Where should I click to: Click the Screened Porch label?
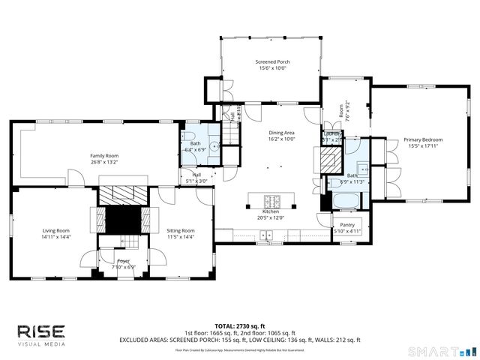(x=272, y=62)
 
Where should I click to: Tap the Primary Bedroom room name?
(x=423, y=139)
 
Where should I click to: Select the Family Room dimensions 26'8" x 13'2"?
(x=104, y=162)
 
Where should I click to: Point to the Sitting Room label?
(x=180, y=230)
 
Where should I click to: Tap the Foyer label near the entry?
(x=123, y=260)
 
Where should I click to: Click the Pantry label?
(x=346, y=225)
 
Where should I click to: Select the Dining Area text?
(x=282, y=133)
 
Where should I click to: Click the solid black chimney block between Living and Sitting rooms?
(x=121, y=218)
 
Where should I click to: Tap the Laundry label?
(x=332, y=134)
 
